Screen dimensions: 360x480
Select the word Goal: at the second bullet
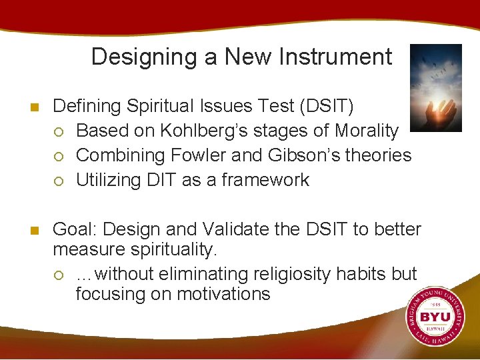tap(75, 229)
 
